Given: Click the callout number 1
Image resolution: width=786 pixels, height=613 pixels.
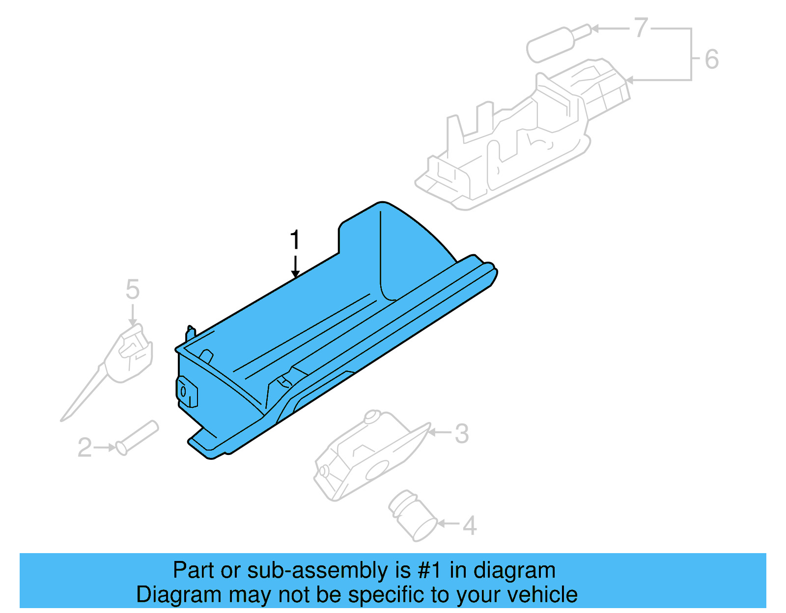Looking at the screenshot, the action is [295, 240].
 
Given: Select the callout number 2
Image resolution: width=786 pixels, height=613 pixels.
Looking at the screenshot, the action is [84, 448].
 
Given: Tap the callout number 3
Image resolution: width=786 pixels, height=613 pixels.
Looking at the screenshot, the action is [461, 434].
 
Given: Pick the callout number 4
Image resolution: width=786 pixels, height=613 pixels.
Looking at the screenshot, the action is [470, 526].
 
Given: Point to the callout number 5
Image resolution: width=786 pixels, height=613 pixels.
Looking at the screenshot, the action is [133, 289].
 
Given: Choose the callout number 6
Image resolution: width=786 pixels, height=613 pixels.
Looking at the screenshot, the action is [711, 59].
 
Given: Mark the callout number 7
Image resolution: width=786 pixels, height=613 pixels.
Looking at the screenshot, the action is [641, 28].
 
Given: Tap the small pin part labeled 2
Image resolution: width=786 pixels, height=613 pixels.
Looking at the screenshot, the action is [137, 437].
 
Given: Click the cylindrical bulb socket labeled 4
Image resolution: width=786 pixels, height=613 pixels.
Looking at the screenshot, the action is [413, 515].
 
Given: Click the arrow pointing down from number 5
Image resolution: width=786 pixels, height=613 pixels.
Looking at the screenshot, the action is [133, 314].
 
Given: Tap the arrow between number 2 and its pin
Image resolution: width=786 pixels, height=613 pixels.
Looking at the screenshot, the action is [105, 448].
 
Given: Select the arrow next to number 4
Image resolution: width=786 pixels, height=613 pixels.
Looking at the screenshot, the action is [448, 524].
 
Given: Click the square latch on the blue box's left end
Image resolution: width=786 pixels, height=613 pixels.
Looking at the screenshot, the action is [187, 392].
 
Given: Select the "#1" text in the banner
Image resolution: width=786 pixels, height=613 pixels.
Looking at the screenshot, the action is [430, 570].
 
